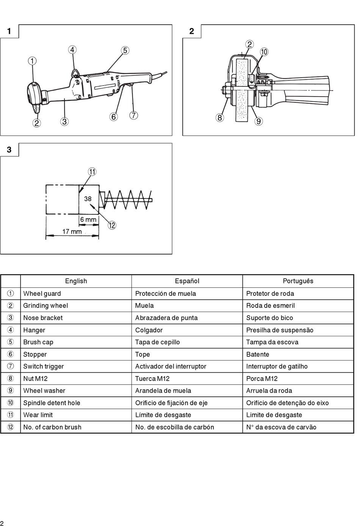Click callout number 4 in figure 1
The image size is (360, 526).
click(x=72, y=50)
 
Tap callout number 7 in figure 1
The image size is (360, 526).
click(x=133, y=116)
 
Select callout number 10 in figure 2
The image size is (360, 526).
click(x=264, y=52)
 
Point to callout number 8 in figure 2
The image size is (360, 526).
click(x=219, y=118)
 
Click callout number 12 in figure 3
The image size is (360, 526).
click(x=112, y=225)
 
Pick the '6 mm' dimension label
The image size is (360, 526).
click(x=88, y=220)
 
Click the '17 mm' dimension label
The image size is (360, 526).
click(x=72, y=231)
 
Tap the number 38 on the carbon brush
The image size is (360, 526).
click(x=88, y=198)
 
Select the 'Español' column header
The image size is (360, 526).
click(x=187, y=281)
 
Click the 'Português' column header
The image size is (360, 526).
click(x=298, y=281)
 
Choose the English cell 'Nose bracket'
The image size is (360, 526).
click(x=43, y=318)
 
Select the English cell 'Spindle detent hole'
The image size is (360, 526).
click(x=52, y=403)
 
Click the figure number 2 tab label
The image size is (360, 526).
click(x=192, y=31)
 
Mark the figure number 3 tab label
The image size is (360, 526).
click(x=9, y=150)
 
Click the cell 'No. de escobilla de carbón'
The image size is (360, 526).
click(x=174, y=427)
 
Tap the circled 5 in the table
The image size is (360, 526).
click(x=11, y=342)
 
